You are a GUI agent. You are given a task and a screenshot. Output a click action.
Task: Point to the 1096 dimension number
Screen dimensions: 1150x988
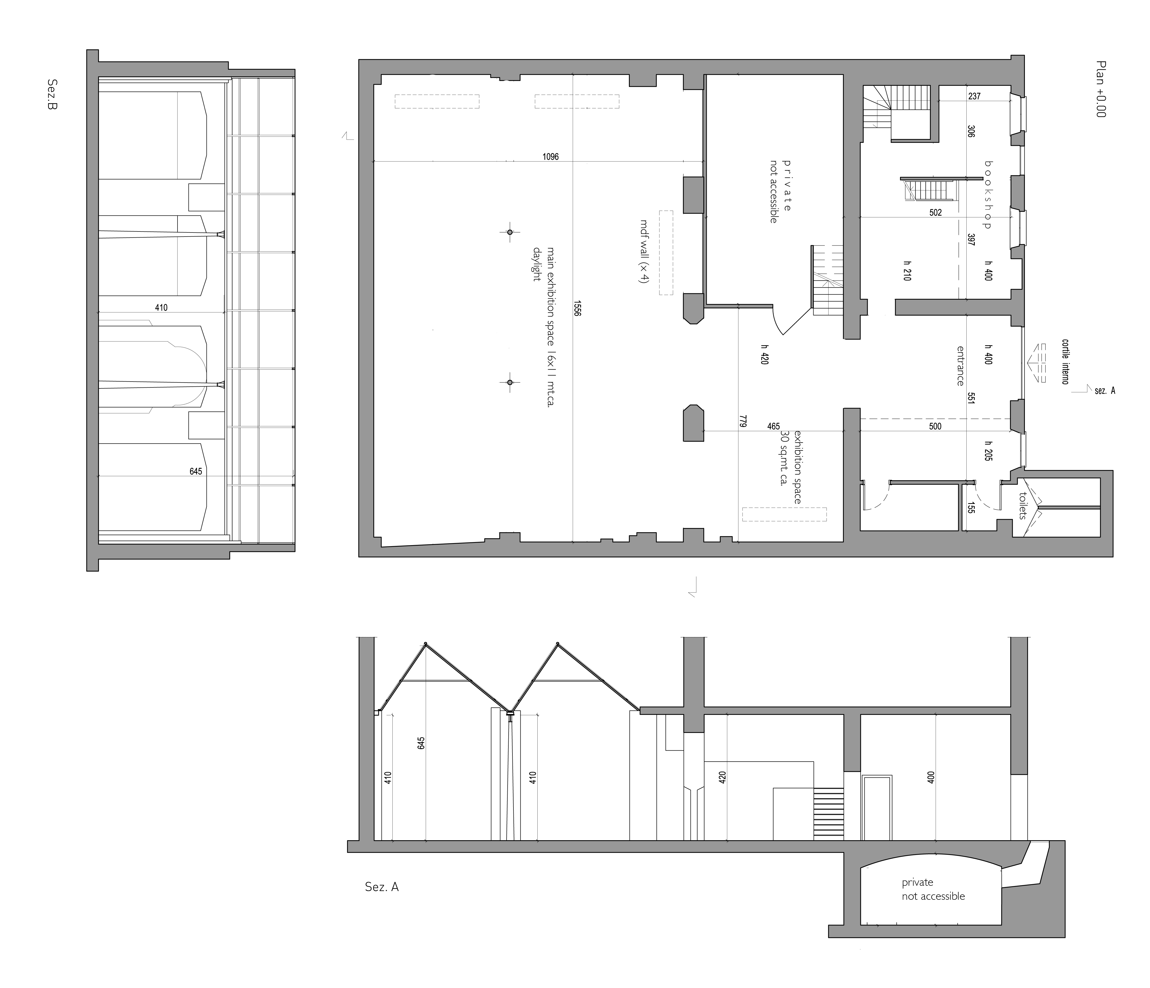click(551, 157)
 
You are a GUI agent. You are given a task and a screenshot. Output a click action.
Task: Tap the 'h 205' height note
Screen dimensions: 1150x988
click(988, 451)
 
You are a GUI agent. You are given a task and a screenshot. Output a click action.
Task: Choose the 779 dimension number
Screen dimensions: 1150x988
click(743, 422)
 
